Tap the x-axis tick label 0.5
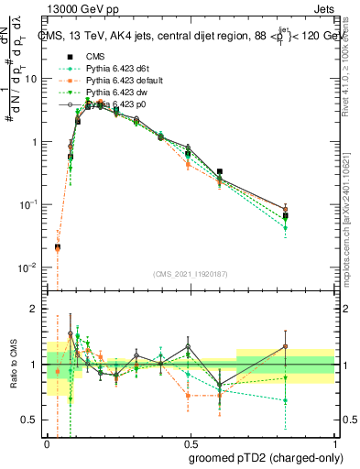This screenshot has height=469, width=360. [191, 442]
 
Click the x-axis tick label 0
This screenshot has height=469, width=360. [48, 442]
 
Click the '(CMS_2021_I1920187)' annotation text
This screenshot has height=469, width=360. [191, 273]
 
